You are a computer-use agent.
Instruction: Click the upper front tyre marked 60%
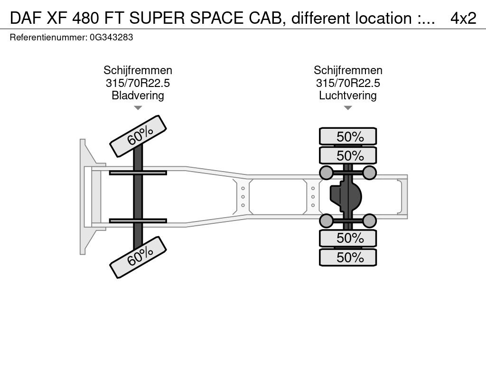point(138,136)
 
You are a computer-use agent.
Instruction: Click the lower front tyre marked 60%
point(138,257)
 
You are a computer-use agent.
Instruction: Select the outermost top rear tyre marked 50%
point(348,136)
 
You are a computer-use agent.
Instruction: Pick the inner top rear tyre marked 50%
point(348,155)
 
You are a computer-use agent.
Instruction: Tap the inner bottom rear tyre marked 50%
point(348,238)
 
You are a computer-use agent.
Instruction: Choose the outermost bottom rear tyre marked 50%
point(348,257)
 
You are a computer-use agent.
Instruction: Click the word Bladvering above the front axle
point(138,95)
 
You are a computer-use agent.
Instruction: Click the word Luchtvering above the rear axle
point(348,95)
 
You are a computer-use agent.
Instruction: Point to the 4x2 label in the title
point(463,18)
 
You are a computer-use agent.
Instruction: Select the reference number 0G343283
point(112,38)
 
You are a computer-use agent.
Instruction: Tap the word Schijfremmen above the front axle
point(138,70)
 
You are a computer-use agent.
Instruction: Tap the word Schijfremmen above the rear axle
point(348,70)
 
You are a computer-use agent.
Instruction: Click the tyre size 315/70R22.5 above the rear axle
point(348,83)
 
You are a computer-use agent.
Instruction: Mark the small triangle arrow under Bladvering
point(138,108)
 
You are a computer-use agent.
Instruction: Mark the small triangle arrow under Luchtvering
point(348,108)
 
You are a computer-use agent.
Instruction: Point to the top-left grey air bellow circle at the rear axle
point(326,173)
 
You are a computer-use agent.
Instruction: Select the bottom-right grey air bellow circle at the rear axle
point(369,221)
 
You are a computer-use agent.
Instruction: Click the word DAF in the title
point(26,18)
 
